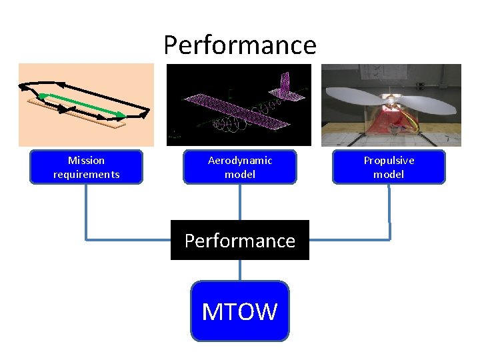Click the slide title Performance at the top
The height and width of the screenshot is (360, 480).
pos(240,45)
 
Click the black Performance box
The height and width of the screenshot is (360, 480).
pos(240,240)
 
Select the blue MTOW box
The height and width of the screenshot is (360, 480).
pos(240,311)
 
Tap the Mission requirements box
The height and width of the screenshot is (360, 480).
pos(86,167)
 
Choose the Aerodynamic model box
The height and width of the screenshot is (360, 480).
pos(240,167)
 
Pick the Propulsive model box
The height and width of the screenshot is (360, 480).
pos(389,167)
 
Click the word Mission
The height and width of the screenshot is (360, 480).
pos(86,160)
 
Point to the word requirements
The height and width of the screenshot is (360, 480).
pos(86,175)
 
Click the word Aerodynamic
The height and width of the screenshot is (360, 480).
pos(240,160)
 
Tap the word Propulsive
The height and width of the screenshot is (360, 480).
pos(389,160)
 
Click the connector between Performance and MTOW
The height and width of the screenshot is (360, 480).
pos(240,270)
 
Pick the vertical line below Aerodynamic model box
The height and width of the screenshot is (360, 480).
pos(240,201)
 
